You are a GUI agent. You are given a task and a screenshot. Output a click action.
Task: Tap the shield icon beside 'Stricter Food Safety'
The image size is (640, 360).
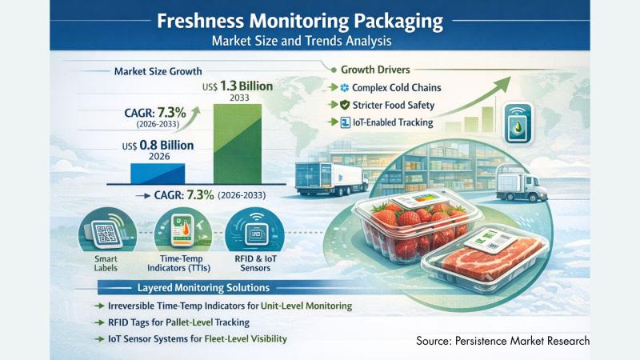(345, 105)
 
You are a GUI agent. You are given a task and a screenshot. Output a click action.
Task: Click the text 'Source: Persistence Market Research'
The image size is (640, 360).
(502, 341)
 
